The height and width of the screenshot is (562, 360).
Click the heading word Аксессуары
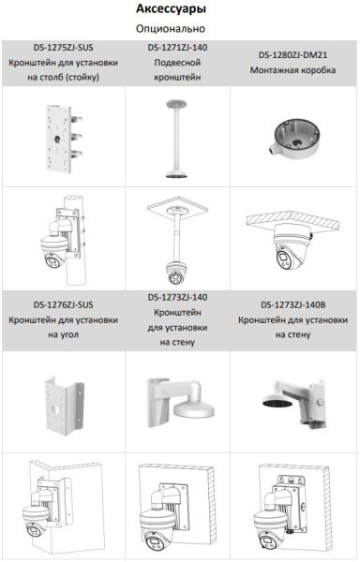(x=179, y=9)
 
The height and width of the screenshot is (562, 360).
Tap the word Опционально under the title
(x=179, y=29)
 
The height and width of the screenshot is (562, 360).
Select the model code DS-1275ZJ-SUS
(x=62, y=48)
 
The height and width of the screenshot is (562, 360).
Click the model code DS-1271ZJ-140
(x=178, y=47)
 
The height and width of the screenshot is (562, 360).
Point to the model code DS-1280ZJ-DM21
(x=293, y=54)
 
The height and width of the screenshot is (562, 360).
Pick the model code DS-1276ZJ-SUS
(x=62, y=303)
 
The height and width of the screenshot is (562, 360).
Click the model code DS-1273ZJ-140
(x=178, y=297)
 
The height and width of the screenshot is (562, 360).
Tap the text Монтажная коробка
(x=293, y=69)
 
